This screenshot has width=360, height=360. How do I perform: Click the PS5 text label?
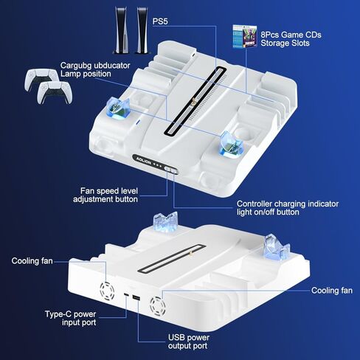161,21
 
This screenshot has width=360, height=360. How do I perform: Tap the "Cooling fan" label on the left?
32,261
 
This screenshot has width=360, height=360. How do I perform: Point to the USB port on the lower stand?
139,301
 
